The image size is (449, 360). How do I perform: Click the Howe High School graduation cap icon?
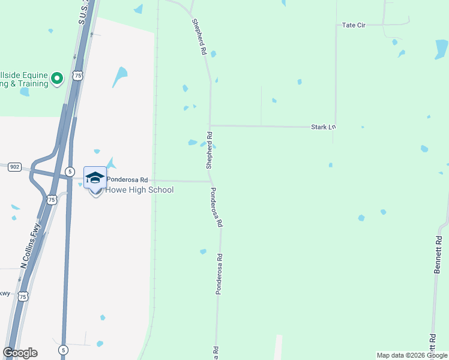[95, 178]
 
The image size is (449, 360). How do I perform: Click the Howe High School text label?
[139, 190]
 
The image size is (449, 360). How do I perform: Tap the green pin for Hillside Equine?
[57, 78]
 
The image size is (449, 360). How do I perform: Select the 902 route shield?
[15, 167]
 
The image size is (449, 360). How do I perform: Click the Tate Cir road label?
[354, 25]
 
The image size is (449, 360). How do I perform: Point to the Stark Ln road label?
[322, 127]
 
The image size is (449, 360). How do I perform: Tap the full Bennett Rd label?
[438, 254]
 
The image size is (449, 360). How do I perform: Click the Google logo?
[20, 353]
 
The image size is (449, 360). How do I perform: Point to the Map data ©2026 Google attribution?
[412, 355]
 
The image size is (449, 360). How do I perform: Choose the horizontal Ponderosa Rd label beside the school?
[127, 179]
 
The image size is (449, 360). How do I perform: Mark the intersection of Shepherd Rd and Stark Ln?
[210, 126]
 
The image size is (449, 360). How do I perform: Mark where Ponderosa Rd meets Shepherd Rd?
[211, 181]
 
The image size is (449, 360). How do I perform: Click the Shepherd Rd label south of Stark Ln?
[209, 150]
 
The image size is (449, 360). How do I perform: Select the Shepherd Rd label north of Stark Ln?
[199, 37]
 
